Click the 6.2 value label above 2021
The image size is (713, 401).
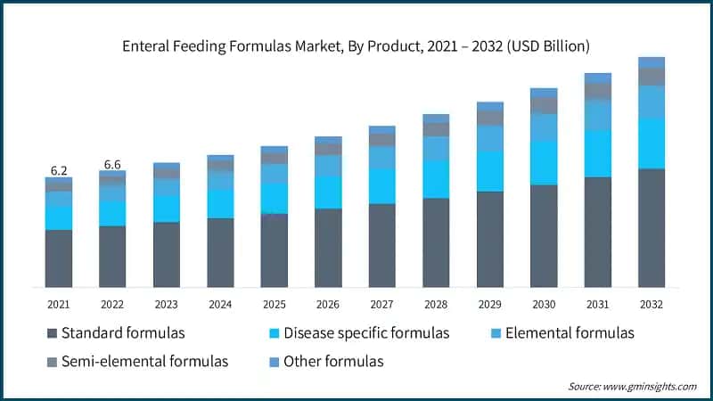tap(58, 169)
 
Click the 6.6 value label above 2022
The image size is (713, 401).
tap(112, 164)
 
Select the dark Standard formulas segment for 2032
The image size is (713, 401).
tap(652, 227)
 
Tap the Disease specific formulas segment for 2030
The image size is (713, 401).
tap(544, 162)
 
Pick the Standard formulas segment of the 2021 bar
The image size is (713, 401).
tap(59, 258)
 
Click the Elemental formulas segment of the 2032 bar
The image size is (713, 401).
tap(652, 102)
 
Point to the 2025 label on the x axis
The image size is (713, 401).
tap(274, 305)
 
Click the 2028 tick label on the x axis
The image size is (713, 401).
tap(436, 305)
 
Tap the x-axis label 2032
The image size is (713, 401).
tap(652, 305)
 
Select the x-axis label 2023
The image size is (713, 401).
tap(166, 305)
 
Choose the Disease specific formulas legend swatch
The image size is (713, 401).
tap(275, 333)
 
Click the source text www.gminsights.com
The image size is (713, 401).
tap(652, 386)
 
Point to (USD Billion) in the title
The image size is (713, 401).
tap(545, 45)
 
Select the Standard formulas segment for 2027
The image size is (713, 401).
tap(381, 245)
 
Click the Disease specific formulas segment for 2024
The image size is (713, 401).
tap(220, 203)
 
